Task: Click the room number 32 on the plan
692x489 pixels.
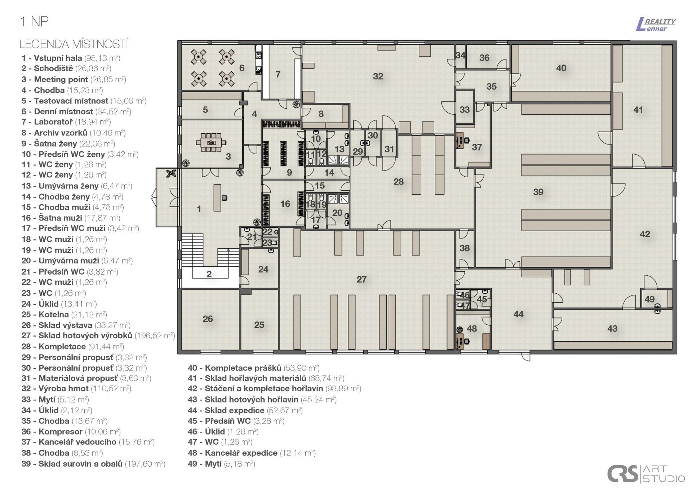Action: coord(378,76)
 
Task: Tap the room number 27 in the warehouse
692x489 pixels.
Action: coord(361,279)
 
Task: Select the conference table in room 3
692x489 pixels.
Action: coord(211,142)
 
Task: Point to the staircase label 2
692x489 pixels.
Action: coord(209,274)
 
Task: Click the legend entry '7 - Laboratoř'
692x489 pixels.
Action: coord(66,122)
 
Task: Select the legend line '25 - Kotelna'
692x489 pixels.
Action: coord(64,315)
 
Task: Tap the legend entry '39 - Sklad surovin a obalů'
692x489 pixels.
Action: coord(93,464)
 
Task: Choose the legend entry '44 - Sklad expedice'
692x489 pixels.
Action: coord(245,410)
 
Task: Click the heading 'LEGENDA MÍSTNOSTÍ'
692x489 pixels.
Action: coord(74,44)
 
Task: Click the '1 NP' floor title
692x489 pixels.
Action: coord(34,22)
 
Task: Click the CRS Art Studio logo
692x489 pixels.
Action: coord(646,474)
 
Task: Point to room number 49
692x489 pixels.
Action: coord(649,299)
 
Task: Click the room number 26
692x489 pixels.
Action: coord(208,319)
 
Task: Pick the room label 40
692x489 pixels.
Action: coord(561,68)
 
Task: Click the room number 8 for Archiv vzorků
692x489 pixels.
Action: coord(321,114)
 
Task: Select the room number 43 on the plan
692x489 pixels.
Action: coord(612,329)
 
